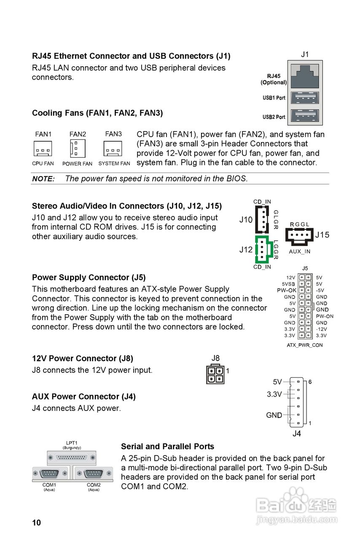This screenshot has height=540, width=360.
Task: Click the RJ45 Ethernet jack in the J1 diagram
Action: click(x=305, y=76)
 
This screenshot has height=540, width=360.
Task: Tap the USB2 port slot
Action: click(x=305, y=116)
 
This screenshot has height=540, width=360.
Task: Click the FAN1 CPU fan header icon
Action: click(x=43, y=148)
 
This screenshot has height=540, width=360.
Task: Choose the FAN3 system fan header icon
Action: click(x=113, y=148)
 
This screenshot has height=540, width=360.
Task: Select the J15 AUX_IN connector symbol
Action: click(x=299, y=236)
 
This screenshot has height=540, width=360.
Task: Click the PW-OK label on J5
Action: click(x=287, y=290)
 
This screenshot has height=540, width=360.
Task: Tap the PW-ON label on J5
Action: click(x=325, y=316)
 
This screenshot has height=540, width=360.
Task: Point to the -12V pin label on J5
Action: click(x=322, y=329)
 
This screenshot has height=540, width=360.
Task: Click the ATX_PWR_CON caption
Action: click(x=305, y=345)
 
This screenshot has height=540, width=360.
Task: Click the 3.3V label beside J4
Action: click(x=274, y=394)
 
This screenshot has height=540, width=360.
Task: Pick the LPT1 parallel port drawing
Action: click(x=72, y=458)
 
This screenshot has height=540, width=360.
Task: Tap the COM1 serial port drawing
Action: click(x=50, y=474)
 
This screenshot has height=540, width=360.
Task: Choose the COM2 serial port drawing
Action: click(x=94, y=474)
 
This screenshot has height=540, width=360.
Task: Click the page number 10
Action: click(x=37, y=523)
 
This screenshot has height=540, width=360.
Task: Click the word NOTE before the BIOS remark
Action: click(x=43, y=179)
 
